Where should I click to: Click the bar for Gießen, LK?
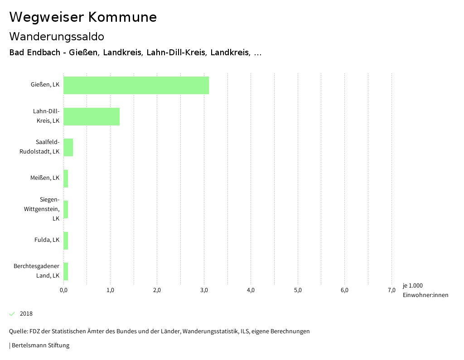pos(136,85)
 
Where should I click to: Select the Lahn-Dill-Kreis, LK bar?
pos(92,116)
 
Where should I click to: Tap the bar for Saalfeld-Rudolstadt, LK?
pos(68,147)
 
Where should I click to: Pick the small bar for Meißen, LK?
pos(66,178)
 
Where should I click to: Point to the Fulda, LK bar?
pos(66,240)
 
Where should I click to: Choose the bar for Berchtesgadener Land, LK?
pos(66,271)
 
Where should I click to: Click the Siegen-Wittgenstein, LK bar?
pos(66,209)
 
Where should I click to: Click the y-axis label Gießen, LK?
pos(45,85)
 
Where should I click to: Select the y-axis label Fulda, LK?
pos(47,240)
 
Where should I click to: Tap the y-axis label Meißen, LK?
pos(45,178)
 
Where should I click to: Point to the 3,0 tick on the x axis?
pos(204,290)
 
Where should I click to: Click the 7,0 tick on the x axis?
pos(391,290)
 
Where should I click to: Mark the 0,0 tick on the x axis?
pos(63,290)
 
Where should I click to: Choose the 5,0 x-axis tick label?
pos(298,290)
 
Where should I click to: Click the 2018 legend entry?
pos(26,314)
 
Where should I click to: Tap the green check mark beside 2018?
pos(12,314)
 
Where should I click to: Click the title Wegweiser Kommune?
pos(83,17)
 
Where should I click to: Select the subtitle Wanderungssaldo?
pos(57,36)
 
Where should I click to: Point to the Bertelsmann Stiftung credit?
pos(40,346)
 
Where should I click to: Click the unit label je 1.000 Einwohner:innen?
pos(425,290)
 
